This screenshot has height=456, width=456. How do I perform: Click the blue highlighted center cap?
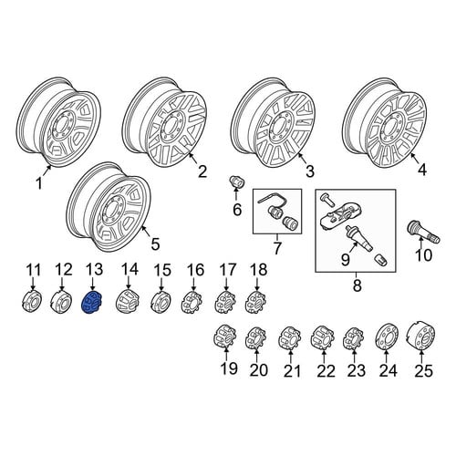pyautogui.click(x=92, y=302)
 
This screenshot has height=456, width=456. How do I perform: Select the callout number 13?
pyautogui.click(x=94, y=270)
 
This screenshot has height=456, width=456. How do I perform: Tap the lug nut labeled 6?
pyautogui.click(x=235, y=182)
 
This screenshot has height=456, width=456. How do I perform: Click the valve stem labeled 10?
pyautogui.click(x=423, y=232)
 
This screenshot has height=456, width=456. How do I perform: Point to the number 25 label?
pyautogui.click(x=423, y=371)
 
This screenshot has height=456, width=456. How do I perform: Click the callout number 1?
pyautogui.click(x=39, y=184)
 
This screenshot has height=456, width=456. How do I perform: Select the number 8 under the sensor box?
pyautogui.click(x=357, y=285)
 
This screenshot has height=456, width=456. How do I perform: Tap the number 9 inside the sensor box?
pyautogui.click(x=346, y=260)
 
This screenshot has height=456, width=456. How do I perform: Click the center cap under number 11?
pyautogui.click(x=32, y=302)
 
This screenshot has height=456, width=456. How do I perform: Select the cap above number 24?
pyautogui.click(x=386, y=337)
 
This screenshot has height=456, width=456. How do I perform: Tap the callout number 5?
pyautogui.click(x=155, y=244)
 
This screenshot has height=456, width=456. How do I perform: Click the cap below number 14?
pyautogui.click(x=128, y=301)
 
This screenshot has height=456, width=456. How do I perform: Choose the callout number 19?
pyautogui.click(x=229, y=368)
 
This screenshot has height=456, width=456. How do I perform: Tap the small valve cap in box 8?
pyautogui.click(x=382, y=259)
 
